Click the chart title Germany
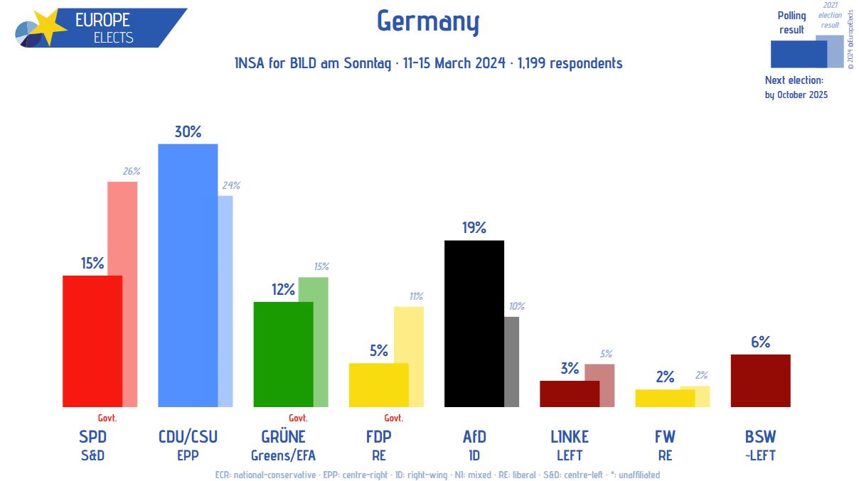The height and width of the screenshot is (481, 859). (428, 22)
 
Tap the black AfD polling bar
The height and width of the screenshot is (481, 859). (474, 323)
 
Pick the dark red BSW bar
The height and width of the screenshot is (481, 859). (760, 380)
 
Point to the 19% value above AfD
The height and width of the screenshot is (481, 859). (474, 227)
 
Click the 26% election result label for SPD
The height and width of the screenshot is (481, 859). (132, 171)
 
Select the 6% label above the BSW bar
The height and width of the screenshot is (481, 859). (760, 342)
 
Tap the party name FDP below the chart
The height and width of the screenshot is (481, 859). (378, 436)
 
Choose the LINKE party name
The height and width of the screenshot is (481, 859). (570, 436)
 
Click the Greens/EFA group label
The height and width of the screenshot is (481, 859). (283, 455)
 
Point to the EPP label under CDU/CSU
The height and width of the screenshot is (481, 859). (188, 455)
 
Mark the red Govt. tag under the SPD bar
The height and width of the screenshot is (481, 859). (107, 418)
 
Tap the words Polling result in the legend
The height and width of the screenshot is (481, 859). (791, 23)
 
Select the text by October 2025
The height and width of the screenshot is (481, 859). (796, 94)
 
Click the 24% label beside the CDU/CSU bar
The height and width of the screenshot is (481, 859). (231, 185)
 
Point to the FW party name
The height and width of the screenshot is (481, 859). (665, 436)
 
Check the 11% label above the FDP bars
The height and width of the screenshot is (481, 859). (416, 296)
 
